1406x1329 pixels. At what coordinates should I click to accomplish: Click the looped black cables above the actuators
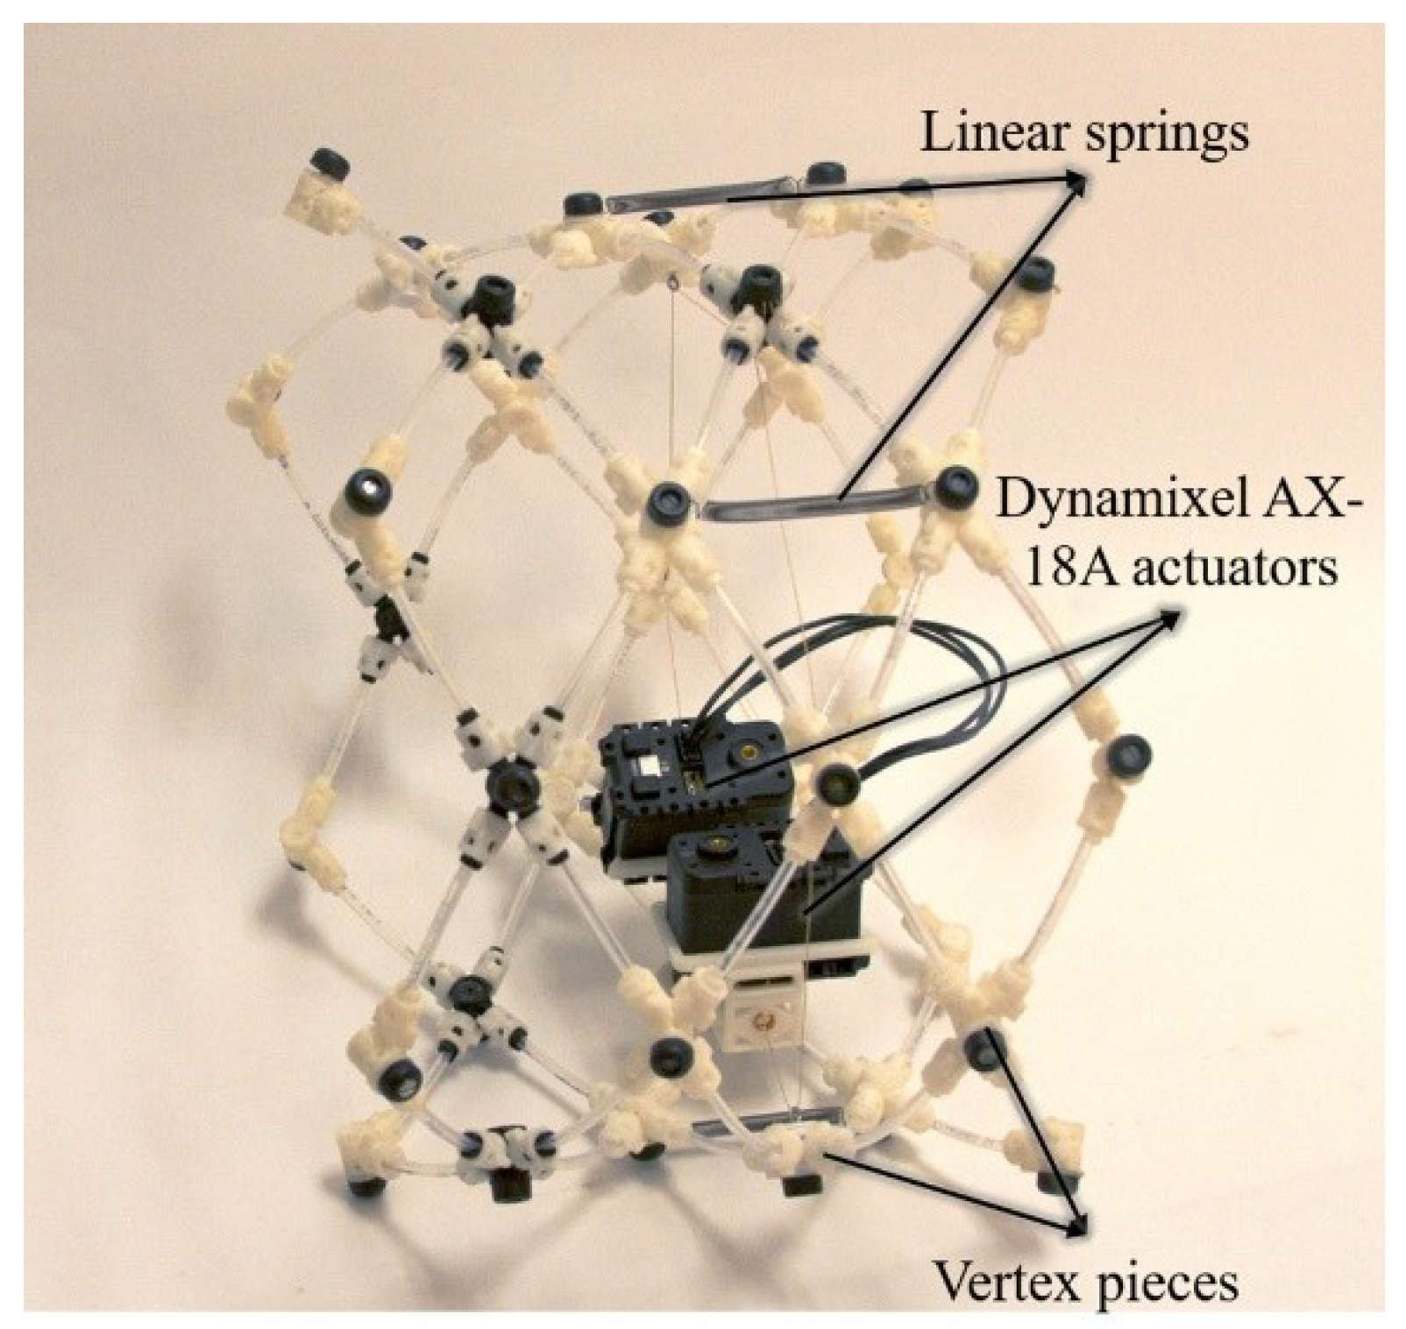pos(885,666)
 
